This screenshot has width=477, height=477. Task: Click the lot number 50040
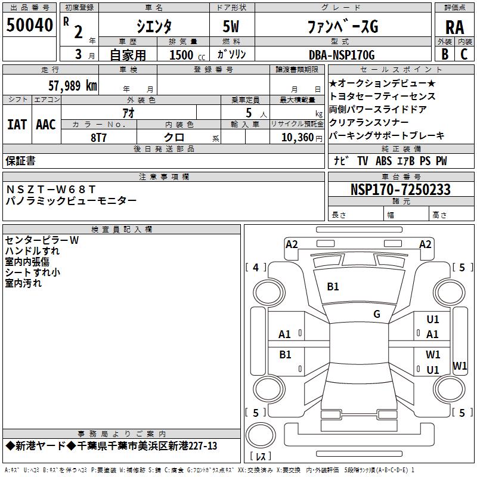[30, 26]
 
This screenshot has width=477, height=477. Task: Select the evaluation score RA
[454, 27]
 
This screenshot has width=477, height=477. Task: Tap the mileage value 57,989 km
[73, 86]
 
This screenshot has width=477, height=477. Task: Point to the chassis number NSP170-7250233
[400, 190]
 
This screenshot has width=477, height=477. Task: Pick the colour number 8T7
[99, 137]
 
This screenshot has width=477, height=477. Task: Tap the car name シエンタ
[153, 26]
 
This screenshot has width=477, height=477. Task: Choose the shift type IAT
[17, 124]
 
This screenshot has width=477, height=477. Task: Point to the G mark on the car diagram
[377, 314]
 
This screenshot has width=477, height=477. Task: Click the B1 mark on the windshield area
[333, 287]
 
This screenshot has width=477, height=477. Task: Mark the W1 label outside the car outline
[460, 366]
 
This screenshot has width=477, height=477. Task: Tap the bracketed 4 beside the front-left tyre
[256, 267]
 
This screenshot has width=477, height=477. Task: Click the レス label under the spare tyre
[261, 457]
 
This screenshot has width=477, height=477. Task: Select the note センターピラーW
[42, 240]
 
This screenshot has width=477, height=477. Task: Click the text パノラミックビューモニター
[72, 201]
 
